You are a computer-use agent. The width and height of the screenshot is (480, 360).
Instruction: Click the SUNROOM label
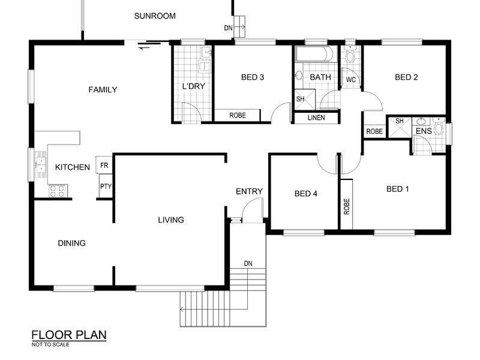pos(155,16)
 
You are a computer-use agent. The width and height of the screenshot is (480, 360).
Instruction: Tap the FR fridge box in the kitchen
pos(104,166)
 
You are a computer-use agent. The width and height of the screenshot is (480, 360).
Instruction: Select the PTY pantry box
pos(106,186)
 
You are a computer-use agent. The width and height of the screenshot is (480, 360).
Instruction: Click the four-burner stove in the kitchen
pos(58,191)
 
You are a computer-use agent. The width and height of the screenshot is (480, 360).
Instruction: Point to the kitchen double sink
pos(41,165)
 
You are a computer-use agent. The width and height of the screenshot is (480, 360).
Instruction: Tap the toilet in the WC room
pos(350,55)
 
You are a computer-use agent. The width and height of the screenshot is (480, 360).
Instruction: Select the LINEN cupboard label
pos(316,118)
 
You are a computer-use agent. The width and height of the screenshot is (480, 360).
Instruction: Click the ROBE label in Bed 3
pos(238,115)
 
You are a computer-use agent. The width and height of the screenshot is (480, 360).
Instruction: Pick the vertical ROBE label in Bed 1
pos(347,206)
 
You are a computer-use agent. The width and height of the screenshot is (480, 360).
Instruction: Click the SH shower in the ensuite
pos(400,127)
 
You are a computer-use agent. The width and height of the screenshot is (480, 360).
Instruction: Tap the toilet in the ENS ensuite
pos(439,126)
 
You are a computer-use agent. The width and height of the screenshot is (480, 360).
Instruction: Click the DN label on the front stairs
pos(248,263)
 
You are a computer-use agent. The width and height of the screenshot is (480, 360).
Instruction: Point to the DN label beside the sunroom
pos(229,28)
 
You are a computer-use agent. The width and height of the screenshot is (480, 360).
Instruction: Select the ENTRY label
pos(249,191)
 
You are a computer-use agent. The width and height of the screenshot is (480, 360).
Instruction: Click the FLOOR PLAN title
pos(69,335)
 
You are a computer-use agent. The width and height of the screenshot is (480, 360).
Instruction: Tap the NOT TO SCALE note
pos(50,344)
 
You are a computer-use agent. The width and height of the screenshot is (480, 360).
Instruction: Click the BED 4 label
pos(306,193)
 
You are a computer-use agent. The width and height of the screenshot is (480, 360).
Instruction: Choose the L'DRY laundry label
pos(193,86)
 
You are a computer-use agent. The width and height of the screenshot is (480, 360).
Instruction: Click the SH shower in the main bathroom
pos(304,99)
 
